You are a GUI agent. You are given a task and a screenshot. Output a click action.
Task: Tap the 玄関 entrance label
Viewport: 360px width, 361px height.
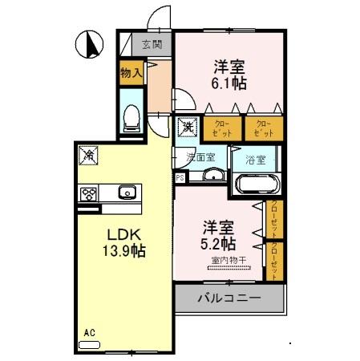pos(152,45)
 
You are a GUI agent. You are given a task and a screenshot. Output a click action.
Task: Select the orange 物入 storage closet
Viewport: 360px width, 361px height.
pos(131,73)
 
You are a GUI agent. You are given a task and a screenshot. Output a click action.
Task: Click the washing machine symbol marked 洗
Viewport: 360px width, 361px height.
pos(186,126)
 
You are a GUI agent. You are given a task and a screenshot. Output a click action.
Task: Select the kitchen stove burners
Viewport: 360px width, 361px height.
pos(88,193)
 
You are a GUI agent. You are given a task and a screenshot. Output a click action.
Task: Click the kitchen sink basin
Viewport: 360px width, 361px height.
pos(127,192)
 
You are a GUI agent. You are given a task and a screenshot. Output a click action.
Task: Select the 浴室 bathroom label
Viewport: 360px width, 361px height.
pos(256,158)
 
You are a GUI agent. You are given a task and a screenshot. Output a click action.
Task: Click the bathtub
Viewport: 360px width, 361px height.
pos(256,184)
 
